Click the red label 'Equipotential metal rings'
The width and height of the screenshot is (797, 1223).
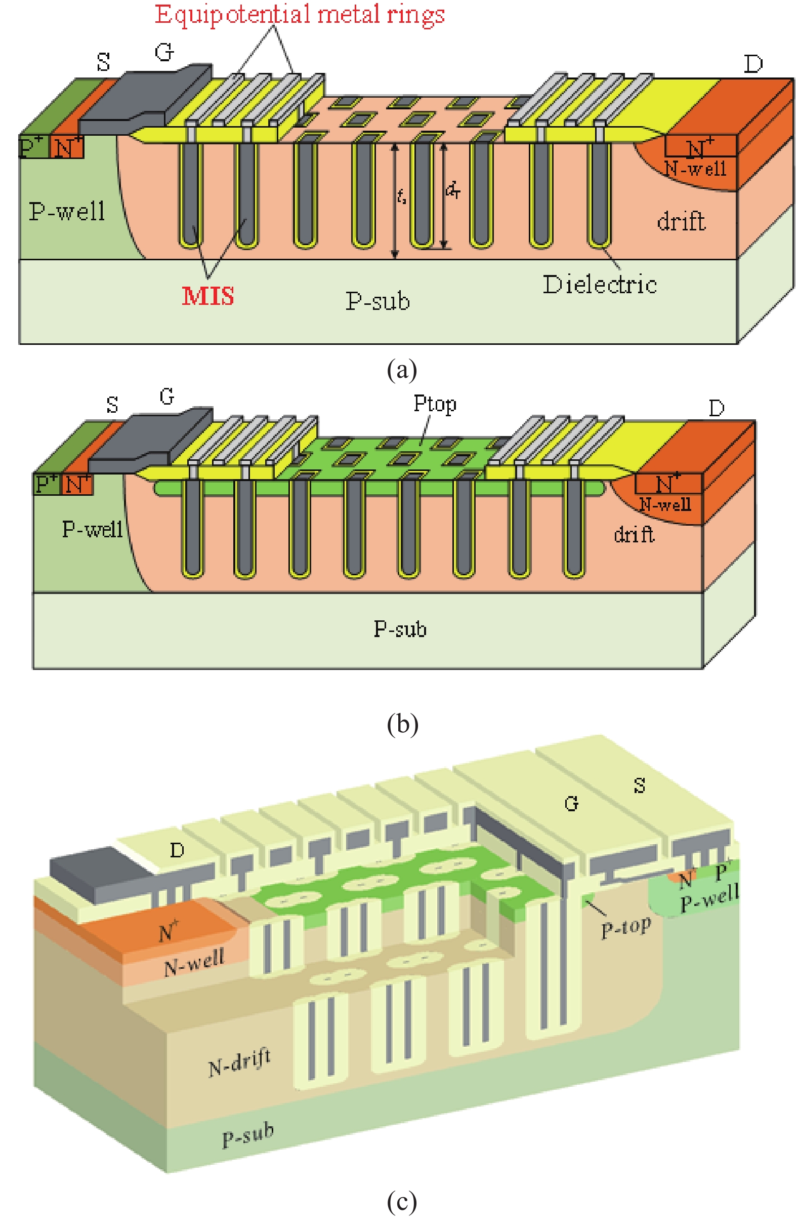click(x=300, y=14)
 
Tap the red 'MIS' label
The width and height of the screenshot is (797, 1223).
click(x=208, y=296)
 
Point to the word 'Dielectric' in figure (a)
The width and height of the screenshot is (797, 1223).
click(x=599, y=285)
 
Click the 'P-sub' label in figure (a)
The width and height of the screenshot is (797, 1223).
click(x=377, y=301)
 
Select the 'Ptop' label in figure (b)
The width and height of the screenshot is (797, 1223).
click(x=435, y=404)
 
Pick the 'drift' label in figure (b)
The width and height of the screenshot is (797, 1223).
click(x=634, y=535)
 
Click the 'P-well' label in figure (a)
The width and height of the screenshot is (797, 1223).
click(x=67, y=211)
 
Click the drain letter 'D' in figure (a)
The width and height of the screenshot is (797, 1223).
click(x=753, y=64)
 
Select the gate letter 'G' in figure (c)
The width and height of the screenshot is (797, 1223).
click(x=571, y=803)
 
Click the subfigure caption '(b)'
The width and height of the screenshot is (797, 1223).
click(x=402, y=724)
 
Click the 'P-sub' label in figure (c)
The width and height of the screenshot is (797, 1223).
click(x=247, y=1135)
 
